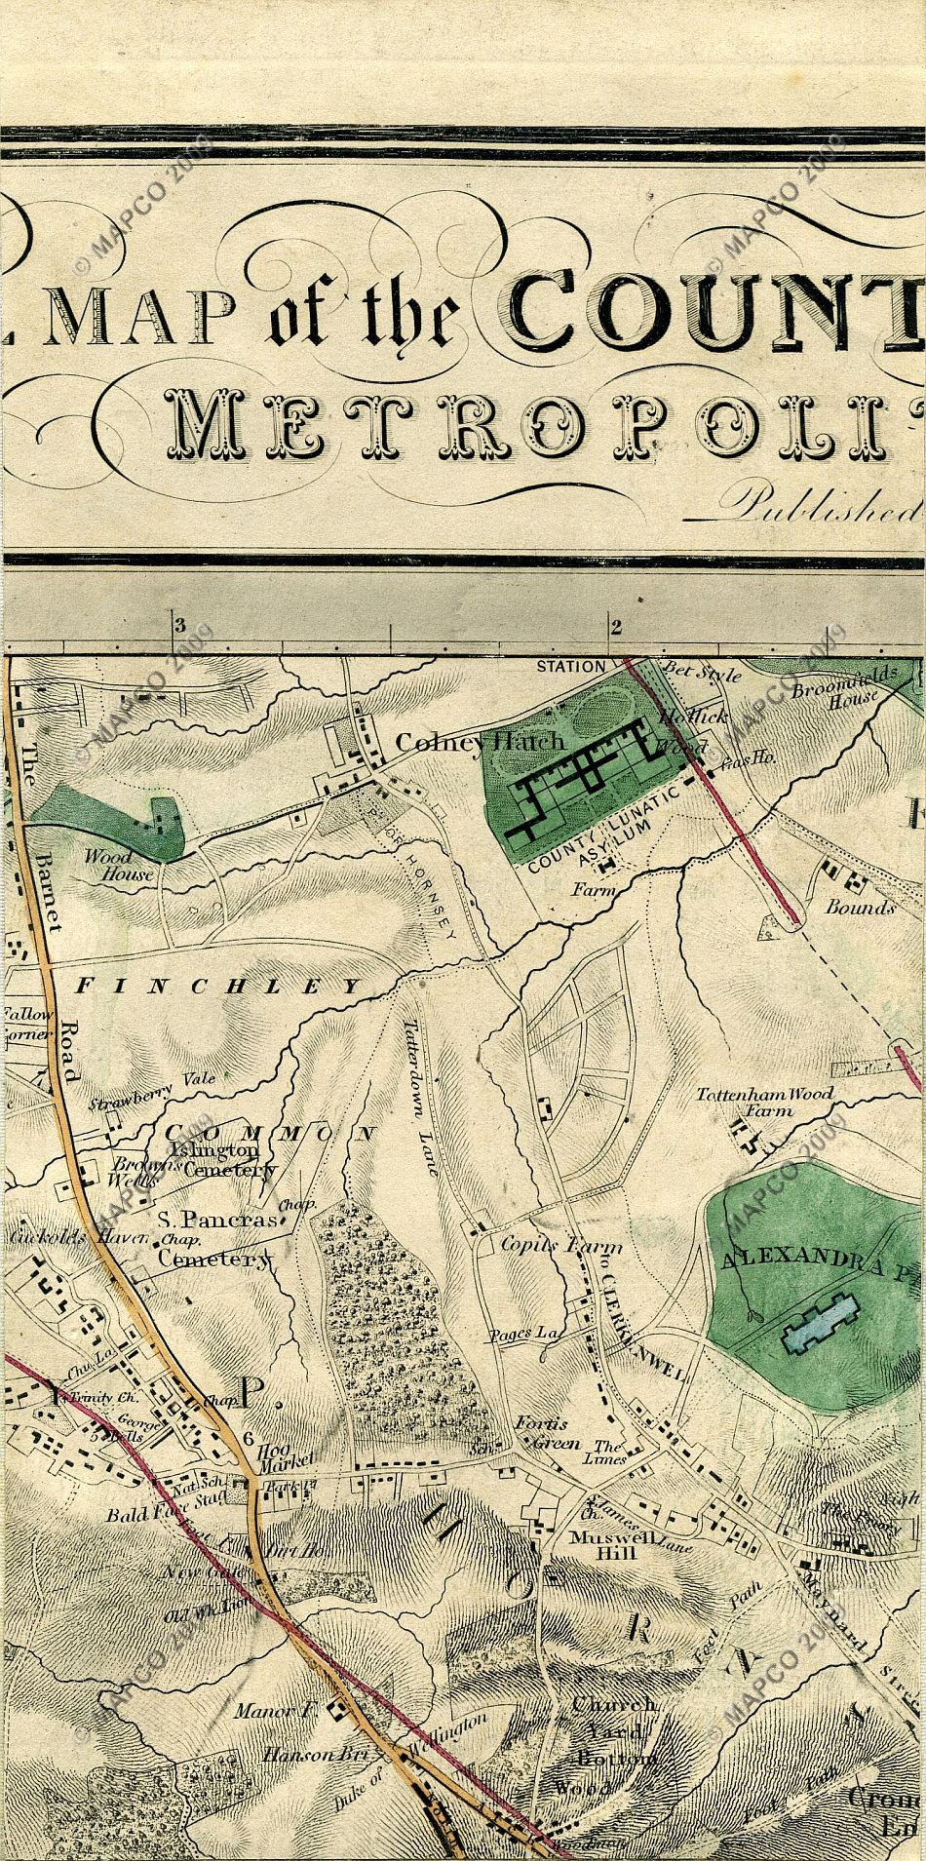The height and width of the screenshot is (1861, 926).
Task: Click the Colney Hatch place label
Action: [480, 742]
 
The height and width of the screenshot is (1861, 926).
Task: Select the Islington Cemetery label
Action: [224, 1160]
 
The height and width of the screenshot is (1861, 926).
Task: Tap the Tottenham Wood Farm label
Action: [764, 1101]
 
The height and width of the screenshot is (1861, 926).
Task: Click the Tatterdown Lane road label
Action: [421, 1097]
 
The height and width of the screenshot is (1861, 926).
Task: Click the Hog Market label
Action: [285, 1454]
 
